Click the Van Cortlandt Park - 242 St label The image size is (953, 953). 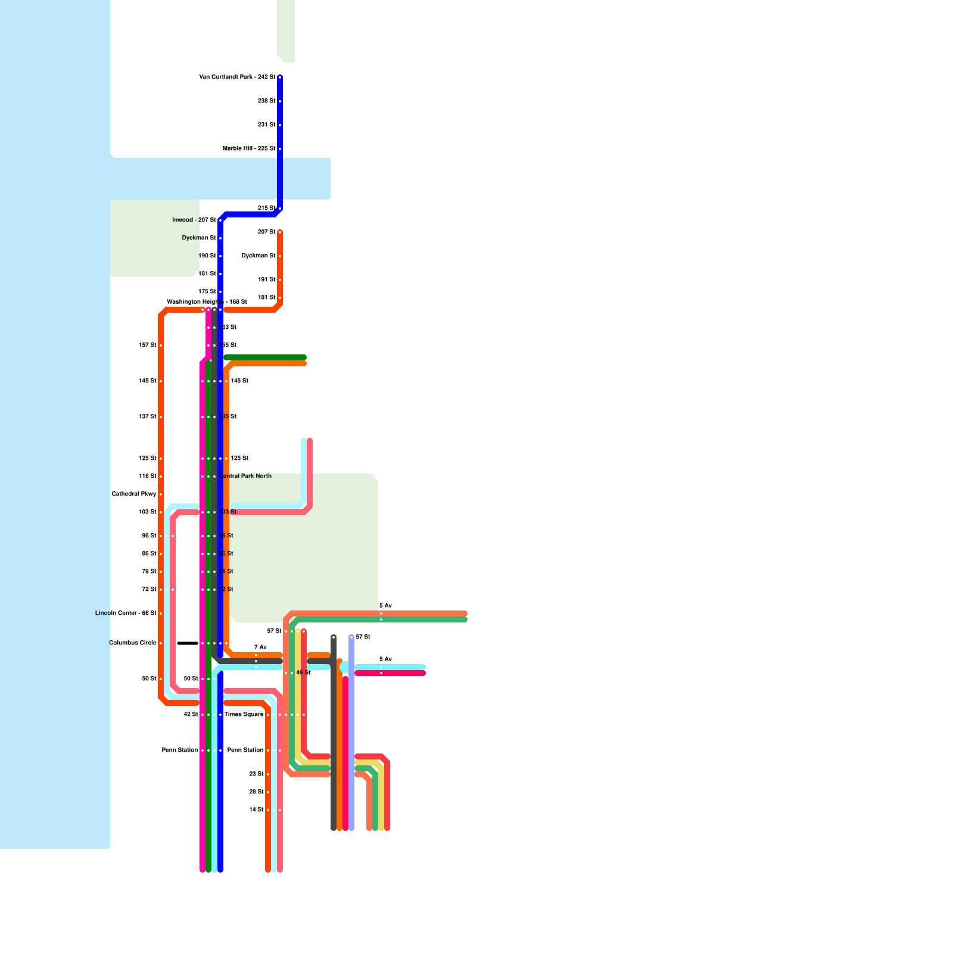237,77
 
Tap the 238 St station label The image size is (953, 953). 266,101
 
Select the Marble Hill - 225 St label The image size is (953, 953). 249,149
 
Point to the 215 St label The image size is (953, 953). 266,208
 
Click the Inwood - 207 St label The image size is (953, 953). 194,220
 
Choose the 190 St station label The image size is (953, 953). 207,256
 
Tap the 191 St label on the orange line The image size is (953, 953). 266,280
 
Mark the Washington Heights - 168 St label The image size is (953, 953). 207,302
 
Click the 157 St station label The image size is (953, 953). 147,345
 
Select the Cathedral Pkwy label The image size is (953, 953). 134,494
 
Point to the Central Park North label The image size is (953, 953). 245,476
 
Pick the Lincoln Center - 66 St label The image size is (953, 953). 126,613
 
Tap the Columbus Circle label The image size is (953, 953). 133,643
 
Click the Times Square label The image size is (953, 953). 244,715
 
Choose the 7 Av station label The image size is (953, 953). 260,647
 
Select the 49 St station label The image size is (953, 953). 303,673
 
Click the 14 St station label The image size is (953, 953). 256,810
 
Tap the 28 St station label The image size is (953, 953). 256,792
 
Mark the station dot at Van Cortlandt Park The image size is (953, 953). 280,77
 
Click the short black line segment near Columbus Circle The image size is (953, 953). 188,643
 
